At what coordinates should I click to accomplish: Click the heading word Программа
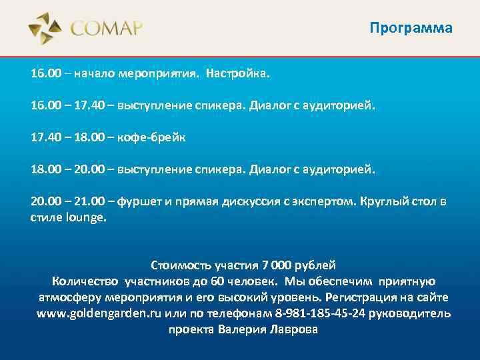tap(411, 28)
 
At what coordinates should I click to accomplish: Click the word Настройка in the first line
tap(238, 72)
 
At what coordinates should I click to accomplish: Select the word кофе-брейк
tap(152, 137)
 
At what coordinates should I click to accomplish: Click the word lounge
tap(85, 217)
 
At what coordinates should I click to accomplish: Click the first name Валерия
tap(241, 329)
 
